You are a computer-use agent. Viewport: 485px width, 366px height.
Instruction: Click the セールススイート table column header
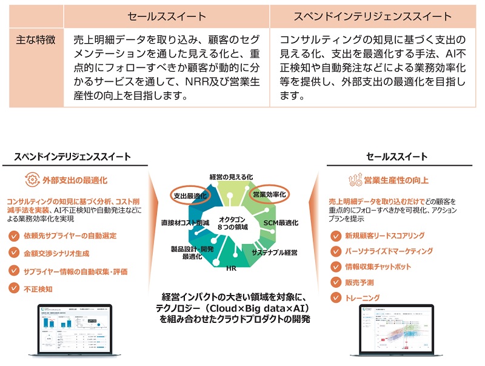[x=166, y=16]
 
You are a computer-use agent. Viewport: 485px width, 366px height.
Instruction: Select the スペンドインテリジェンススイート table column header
[x=372, y=16]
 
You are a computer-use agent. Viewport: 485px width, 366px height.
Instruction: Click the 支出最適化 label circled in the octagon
[x=190, y=196]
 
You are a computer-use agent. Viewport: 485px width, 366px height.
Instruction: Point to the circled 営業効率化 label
[x=269, y=195]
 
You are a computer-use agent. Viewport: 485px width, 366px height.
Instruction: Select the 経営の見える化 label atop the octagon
[x=230, y=176]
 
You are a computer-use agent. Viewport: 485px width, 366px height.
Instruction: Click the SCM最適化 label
[x=281, y=223]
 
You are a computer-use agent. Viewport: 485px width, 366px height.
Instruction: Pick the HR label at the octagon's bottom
[x=231, y=268]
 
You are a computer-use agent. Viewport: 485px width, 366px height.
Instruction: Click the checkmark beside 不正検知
[x=14, y=290]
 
